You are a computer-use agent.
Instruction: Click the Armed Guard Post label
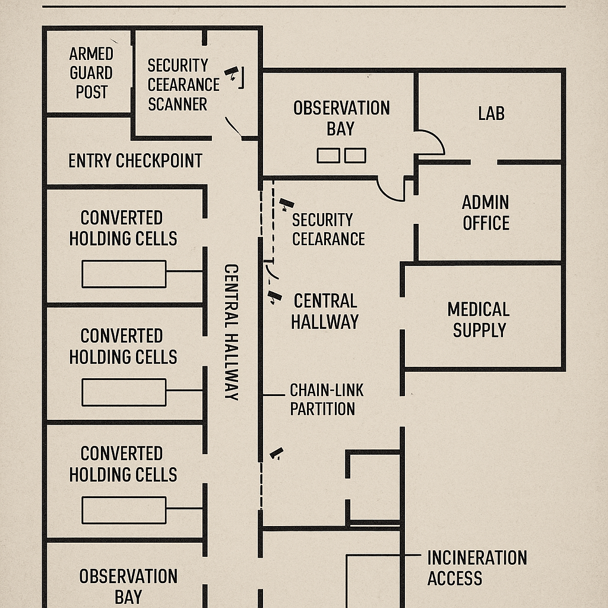pos(91,73)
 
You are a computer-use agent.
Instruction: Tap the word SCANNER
pos(178,104)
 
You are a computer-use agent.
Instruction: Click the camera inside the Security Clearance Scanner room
pos(232,73)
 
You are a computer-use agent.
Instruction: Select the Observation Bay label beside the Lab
pos(341,118)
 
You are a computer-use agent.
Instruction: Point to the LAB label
pos(491,113)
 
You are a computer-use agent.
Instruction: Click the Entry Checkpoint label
pos(135,160)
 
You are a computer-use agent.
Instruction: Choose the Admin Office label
pos(486,213)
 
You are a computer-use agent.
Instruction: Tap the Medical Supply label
pos(479,319)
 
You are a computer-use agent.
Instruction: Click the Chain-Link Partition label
pos(326,399)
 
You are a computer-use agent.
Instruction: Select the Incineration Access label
pos(477,568)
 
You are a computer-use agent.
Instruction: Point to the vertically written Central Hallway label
pos(231,331)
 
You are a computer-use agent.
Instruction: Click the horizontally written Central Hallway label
pos(325,311)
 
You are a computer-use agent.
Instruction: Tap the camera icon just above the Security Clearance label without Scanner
pos(286,204)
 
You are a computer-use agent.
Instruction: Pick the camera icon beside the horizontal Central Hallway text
pos(274,297)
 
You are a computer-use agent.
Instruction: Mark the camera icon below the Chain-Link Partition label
pos(276,454)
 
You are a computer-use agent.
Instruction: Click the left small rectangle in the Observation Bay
pos(328,156)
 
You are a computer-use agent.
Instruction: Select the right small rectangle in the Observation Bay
pos(355,156)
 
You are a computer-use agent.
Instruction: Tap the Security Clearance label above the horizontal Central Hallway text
pos(328,229)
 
